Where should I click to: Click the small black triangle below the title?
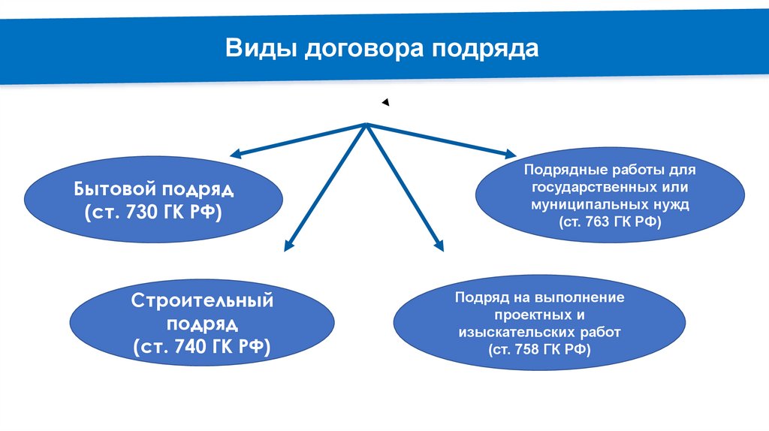[x=384, y=102]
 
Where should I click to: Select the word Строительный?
[x=202, y=301]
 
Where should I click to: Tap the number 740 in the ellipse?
[x=191, y=347]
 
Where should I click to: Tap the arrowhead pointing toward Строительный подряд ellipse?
[x=287, y=245]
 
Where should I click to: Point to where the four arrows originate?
[x=366, y=124]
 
